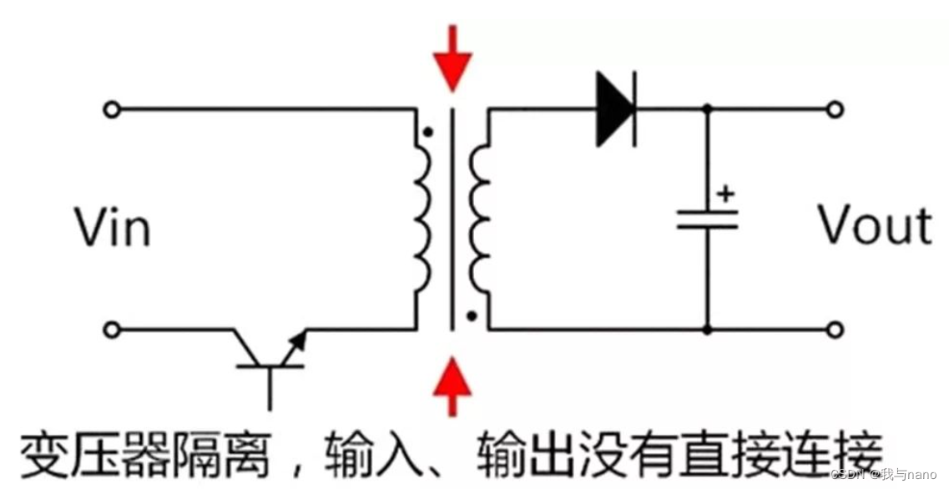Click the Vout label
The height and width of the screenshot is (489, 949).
click(x=874, y=225)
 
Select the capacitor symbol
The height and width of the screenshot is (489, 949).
click(x=707, y=219)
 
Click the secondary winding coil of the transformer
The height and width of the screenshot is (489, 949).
click(x=482, y=219)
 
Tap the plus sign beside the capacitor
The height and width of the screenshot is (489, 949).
click(x=725, y=194)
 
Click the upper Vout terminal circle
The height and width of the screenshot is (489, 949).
click(x=835, y=109)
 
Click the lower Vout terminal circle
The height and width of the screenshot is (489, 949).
click(x=835, y=330)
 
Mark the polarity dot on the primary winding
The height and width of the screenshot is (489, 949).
click(x=428, y=131)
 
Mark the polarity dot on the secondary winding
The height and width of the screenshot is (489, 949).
click(x=472, y=316)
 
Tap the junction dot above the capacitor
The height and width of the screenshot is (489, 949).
click(x=708, y=109)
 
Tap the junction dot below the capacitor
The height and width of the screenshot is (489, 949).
click(x=708, y=330)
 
